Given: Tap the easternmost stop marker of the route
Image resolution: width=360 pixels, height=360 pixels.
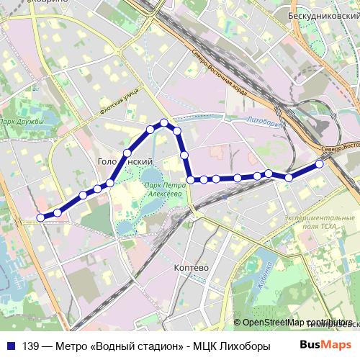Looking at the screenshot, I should [320, 163].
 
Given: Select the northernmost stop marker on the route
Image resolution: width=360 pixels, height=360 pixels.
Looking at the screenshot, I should [164, 122].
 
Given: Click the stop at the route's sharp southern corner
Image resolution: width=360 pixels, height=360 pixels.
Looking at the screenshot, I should [191, 180].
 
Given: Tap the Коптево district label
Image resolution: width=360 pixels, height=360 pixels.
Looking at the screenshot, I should [192, 267].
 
